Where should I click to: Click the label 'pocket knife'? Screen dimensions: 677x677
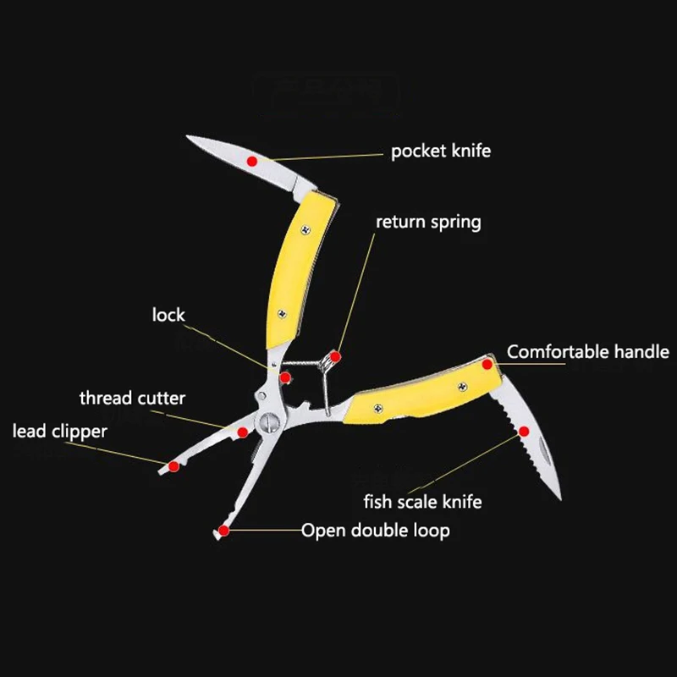pos(440,151)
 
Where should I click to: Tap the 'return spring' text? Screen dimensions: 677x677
pos(428,223)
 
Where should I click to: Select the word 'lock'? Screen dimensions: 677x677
pos(168,315)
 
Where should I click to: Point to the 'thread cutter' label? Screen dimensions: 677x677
pos(132,398)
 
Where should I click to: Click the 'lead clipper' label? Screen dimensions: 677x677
pos(60,432)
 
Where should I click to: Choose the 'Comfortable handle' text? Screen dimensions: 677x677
pos(587,351)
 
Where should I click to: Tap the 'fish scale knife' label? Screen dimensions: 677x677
pos(422,502)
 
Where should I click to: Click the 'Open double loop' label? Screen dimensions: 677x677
pos(375,531)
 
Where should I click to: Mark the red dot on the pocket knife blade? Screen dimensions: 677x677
pos(251,160)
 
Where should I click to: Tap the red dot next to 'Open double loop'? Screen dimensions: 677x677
pos(223,531)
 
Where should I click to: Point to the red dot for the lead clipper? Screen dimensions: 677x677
pos(173,465)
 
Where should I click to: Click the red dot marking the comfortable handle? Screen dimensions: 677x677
pos(488,363)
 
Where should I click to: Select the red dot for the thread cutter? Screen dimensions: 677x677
pos(243,432)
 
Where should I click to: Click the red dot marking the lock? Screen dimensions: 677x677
pos(286,377)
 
